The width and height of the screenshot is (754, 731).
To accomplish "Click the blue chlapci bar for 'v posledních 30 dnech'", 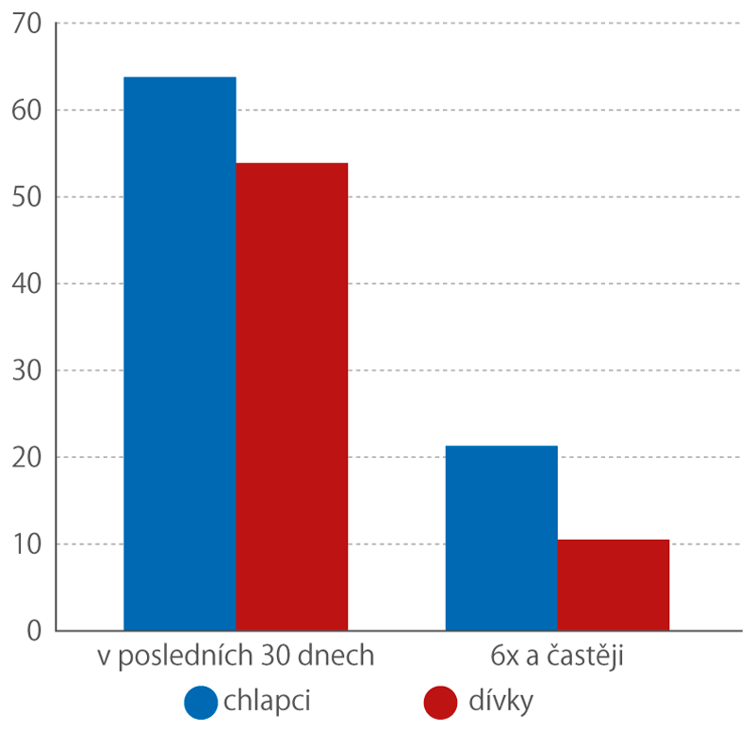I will (180, 353).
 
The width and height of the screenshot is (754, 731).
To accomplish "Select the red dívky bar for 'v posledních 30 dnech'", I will (292, 397).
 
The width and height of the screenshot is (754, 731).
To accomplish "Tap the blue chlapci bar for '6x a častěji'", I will (501, 538).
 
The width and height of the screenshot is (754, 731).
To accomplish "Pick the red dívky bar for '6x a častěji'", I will (614, 585).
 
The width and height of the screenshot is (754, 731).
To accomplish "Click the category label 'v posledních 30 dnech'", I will (237, 657).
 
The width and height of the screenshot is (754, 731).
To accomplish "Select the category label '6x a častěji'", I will (557, 657).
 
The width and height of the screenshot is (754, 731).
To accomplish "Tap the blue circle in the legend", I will (202, 702).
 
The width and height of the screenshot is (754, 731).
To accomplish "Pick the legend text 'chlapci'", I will (268, 701).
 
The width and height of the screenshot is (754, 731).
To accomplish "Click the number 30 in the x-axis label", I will (287, 657).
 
